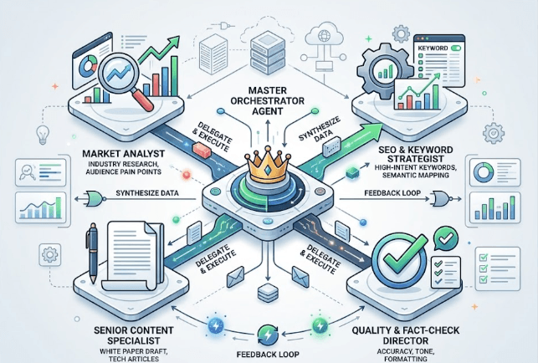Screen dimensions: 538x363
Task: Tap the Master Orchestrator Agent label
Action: pyautogui.click(x=267, y=100)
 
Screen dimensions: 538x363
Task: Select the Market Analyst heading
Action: pyautogui.click(x=124, y=153)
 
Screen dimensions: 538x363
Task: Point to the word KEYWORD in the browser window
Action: pyautogui.click(x=433, y=48)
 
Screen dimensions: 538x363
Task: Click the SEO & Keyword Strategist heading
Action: pyautogui.click(x=416, y=155)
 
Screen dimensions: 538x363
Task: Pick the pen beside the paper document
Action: pyautogui.click(x=92, y=254)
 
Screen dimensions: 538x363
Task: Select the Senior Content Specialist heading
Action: pyautogui.click(x=134, y=335)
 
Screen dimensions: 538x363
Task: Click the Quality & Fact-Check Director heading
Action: pyautogui.click(x=406, y=335)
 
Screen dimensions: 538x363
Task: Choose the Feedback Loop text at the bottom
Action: pyautogui.click(x=268, y=354)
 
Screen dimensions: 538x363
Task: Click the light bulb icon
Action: pyautogui.click(x=43, y=135)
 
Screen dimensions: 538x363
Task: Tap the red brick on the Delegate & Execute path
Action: pyautogui.click(x=202, y=151)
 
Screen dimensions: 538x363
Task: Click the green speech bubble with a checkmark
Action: pyautogui.click(x=446, y=238)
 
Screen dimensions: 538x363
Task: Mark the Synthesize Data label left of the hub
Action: pyautogui.click(x=147, y=193)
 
